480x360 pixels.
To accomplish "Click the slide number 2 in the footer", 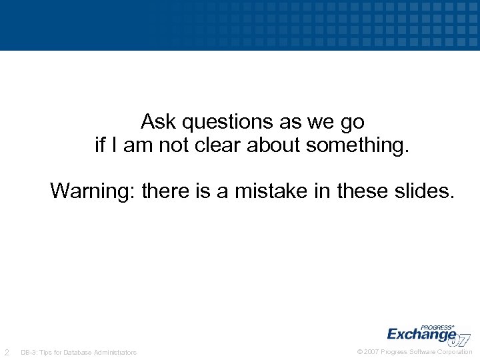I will pos(7,352).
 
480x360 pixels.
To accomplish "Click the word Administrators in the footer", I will pos(115,353).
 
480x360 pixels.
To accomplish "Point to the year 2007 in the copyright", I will pos(371,352).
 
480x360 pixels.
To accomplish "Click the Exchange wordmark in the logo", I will pos(421,333).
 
